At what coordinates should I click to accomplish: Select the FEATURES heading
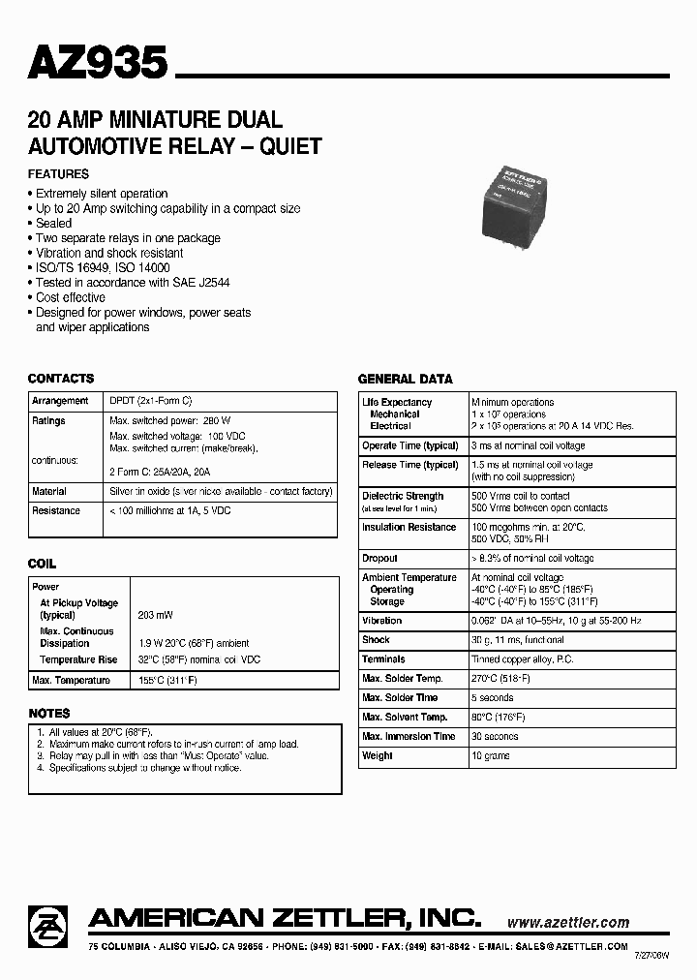pos(58,174)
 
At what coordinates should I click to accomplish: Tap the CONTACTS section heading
pos(61,379)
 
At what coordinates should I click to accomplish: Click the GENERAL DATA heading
pos(406,380)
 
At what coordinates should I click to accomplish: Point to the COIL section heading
pos(42,564)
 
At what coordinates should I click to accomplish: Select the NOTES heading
pos(48,714)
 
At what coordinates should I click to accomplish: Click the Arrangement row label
pos(60,401)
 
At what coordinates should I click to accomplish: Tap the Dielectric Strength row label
pos(402,496)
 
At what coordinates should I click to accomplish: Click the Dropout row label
pos(379,558)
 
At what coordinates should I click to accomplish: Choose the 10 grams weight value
pos(491,755)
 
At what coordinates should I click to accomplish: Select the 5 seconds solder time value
pos(493,697)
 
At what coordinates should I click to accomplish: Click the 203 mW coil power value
pos(152,616)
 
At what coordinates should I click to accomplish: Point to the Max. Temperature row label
pos(72,680)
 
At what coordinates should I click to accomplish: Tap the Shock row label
pos(376,640)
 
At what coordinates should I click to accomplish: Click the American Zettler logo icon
pos(48,924)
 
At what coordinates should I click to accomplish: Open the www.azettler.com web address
pos(567,923)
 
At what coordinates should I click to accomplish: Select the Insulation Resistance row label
pos(409,527)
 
